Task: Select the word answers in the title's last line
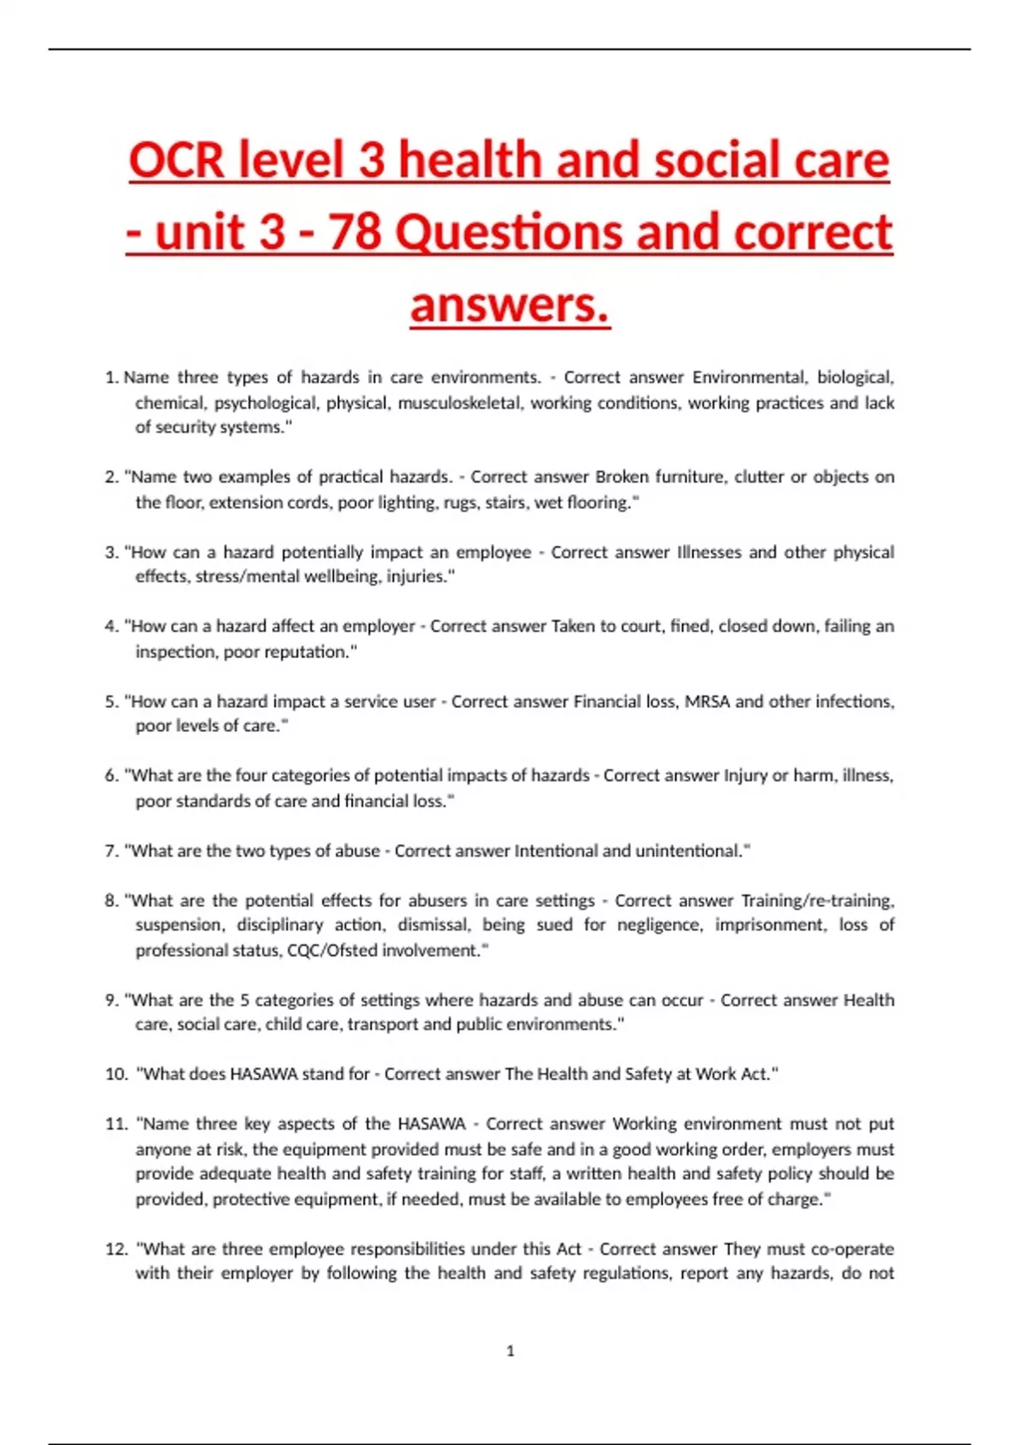(x=509, y=304)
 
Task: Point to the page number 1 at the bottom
(x=510, y=1351)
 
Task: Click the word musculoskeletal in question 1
(x=459, y=403)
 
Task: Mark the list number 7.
(x=110, y=851)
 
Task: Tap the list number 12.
(x=116, y=1249)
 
